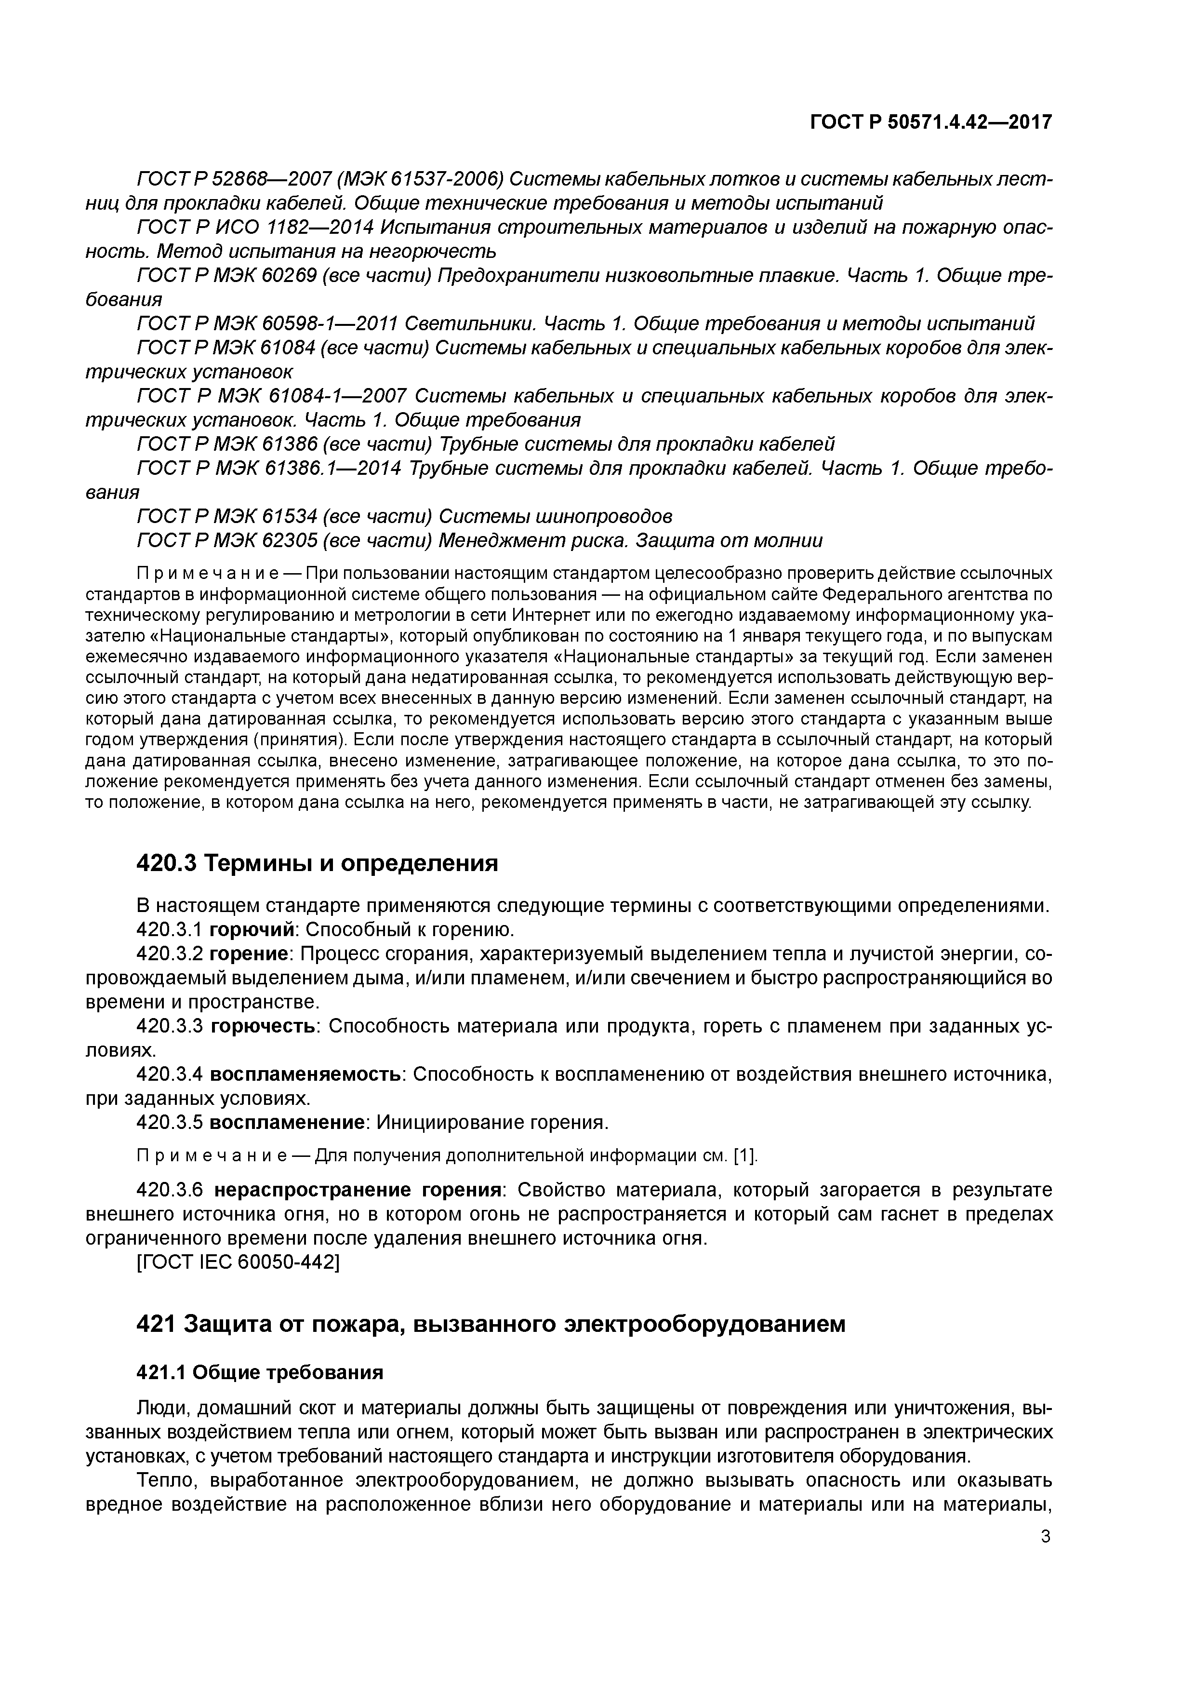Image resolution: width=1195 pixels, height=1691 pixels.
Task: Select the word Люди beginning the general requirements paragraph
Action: click(x=163, y=1409)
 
